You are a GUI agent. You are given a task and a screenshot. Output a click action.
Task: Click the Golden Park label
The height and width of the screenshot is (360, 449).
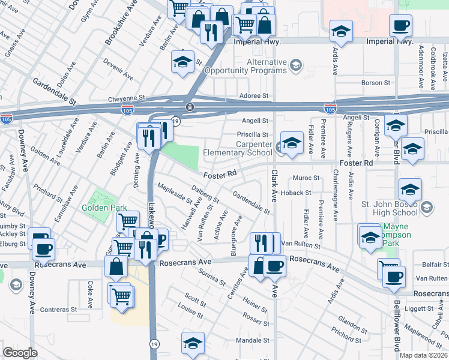coord(109,208)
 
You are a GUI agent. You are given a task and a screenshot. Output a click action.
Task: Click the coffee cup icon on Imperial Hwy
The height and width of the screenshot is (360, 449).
coord(400,26)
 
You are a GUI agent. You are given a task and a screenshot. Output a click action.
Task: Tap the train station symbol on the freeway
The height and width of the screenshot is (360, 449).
coord(190,107)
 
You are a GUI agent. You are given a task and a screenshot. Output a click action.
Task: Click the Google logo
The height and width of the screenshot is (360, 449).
coord(20,353)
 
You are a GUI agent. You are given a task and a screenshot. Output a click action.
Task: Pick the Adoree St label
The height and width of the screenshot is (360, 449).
coord(254,95)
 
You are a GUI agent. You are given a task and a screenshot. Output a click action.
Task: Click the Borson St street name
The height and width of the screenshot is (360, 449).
coord(376,83)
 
